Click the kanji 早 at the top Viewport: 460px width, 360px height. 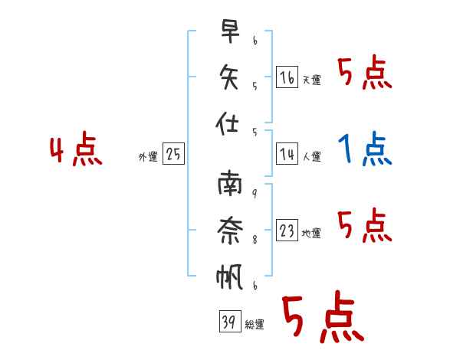(x=230, y=31)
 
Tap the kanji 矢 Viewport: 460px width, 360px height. (x=228, y=77)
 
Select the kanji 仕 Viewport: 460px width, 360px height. (x=227, y=123)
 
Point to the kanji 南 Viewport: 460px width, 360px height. (x=230, y=184)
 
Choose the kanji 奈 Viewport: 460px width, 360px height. (x=230, y=231)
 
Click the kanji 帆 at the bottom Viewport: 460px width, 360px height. (x=229, y=277)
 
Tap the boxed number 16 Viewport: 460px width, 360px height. (x=287, y=77)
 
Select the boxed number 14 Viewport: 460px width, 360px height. (x=287, y=154)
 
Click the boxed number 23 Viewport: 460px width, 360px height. (x=287, y=230)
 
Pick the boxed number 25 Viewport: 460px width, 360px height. (x=173, y=154)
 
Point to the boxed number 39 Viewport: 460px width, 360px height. (x=230, y=321)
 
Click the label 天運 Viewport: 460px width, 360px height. (x=312, y=80)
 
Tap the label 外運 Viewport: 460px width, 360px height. (x=148, y=156)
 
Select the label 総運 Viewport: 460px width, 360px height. (x=255, y=324)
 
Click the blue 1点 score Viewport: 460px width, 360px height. (x=365, y=149)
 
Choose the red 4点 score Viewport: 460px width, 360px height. (x=76, y=149)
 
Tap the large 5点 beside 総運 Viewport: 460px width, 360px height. (x=324, y=316)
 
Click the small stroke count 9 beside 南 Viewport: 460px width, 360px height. (x=255, y=194)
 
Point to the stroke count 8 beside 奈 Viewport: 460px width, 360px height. (x=255, y=240)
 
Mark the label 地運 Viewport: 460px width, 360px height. (x=311, y=234)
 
